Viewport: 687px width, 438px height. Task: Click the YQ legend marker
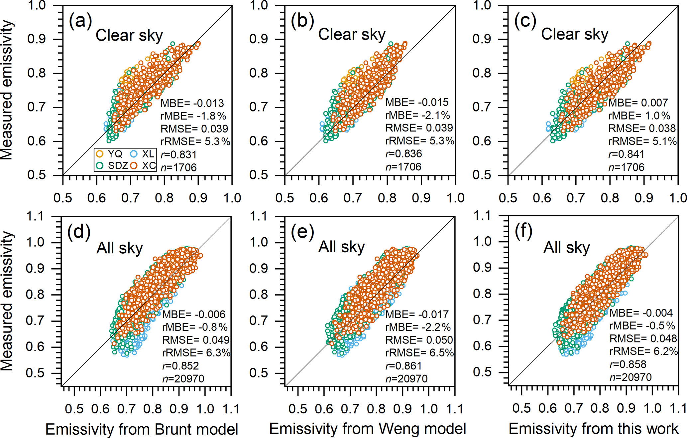pyautogui.click(x=100, y=154)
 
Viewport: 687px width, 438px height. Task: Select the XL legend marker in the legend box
pyautogui.click(x=134, y=154)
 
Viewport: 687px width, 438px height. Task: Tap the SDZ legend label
pyautogui.click(x=118, y=165)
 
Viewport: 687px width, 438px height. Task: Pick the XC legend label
pyautogui.click(x=149, y=165)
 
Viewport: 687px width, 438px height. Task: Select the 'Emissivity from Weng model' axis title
pyautogui.click(x=368, y=429)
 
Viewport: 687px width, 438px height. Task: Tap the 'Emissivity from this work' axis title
pyautogui.click(x=593, y=429)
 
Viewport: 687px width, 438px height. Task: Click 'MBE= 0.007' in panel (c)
pyautogui.click(x=638, y=103)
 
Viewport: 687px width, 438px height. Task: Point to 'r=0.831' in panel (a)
pyautogui.click(x=178, y=155)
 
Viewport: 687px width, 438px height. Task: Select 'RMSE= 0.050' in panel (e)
pyautogui.click(x=419, y=340)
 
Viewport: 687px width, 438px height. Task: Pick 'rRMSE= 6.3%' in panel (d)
pyautogui.click(x=196, y=353)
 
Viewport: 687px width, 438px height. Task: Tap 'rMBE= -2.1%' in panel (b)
pyautogui.click(x=417, y=115)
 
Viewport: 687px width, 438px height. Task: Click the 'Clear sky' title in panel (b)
pyautogui.click(x=352, y=34)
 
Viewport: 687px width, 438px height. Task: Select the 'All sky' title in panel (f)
pyautogui.click(x=567, y=248)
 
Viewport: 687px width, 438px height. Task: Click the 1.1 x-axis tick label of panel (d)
pyautogui.click(x=231, y=409)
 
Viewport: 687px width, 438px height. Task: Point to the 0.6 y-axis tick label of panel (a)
pyautogui.click(x=37, y=141)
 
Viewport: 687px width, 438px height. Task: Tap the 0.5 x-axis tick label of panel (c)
pyautogui.click(x=508, y=198)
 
